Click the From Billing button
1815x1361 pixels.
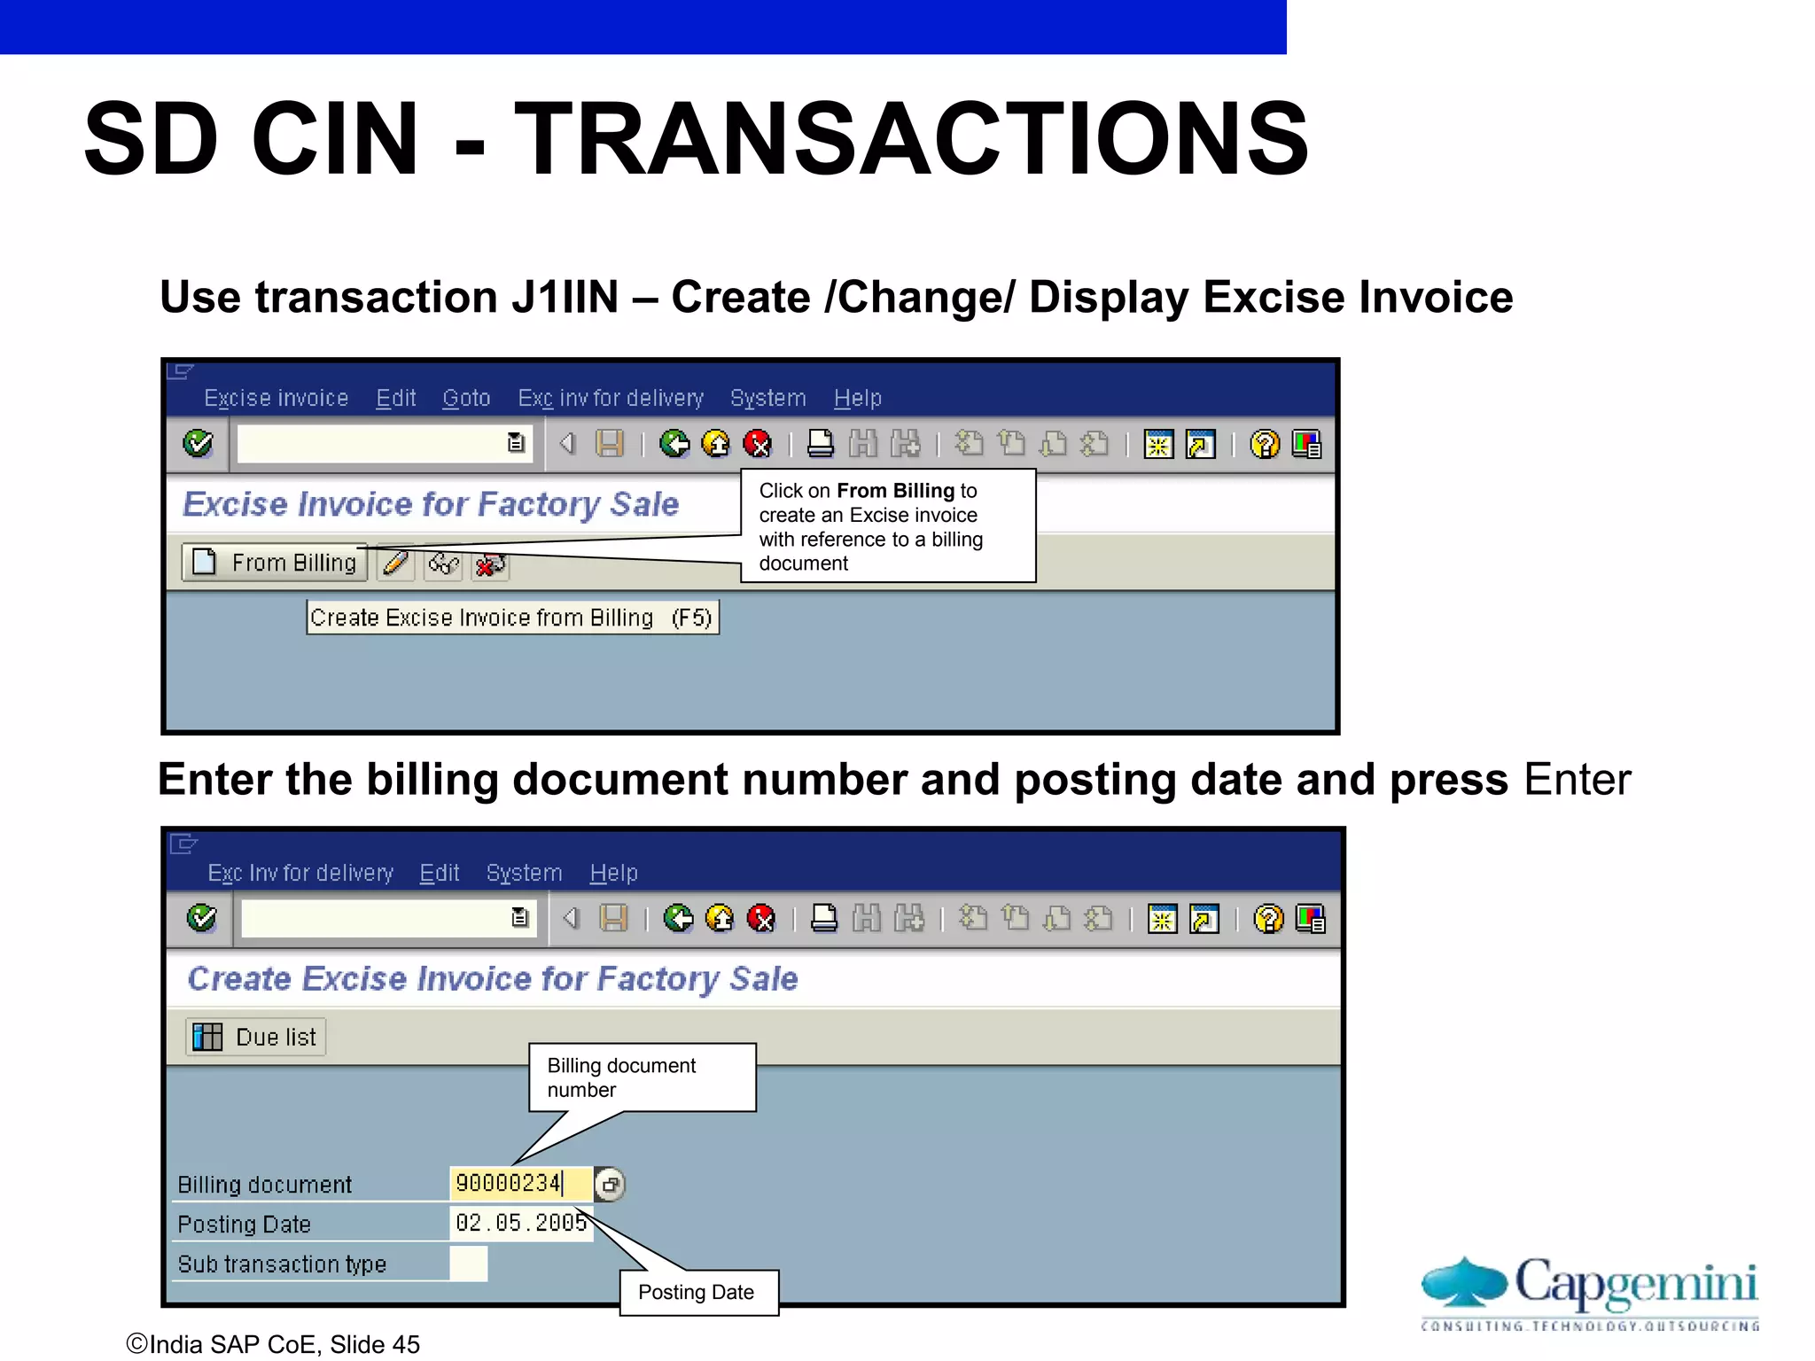pos(275,563)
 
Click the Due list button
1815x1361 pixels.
pos(256,1037)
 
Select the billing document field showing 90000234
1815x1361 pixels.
pos(519,1184)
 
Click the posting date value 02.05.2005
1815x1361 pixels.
pos(520,1224)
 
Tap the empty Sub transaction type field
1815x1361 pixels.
pos(468,1264)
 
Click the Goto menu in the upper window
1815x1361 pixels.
pos(466,399)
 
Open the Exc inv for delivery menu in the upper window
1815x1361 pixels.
pos(611,399)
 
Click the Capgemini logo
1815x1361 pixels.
pos(1590,1292)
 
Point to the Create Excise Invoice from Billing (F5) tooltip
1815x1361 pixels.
pos(512,618)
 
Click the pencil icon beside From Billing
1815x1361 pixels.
pos(396,563)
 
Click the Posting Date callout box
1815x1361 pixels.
pos(697,1293)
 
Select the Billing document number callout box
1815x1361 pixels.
pos(642,1077)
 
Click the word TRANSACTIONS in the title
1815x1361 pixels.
pos(911,139)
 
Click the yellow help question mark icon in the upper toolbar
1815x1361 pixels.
pos(1265,444)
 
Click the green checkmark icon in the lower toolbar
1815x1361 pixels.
pos(202,918)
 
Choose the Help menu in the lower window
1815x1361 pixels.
pos(613,874)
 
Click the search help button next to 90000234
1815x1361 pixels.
pos(610,1185)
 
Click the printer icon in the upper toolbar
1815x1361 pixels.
pos(821,443)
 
